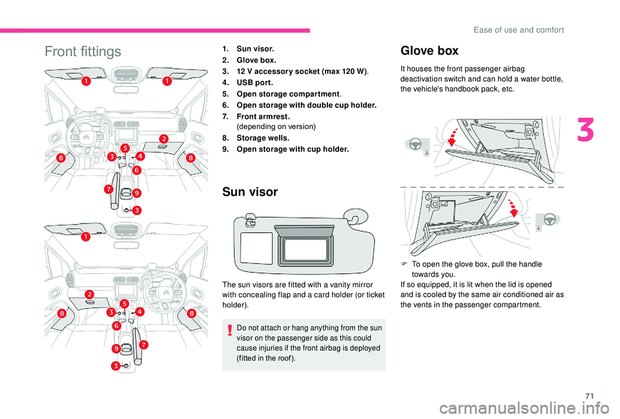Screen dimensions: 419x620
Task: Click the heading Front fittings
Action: point(83,52)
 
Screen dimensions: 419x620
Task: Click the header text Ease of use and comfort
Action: point(527,29)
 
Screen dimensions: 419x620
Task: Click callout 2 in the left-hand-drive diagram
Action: point(164,139)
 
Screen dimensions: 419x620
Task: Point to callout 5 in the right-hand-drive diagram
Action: point(123,303)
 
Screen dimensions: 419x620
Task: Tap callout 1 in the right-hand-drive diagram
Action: point(86,237)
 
